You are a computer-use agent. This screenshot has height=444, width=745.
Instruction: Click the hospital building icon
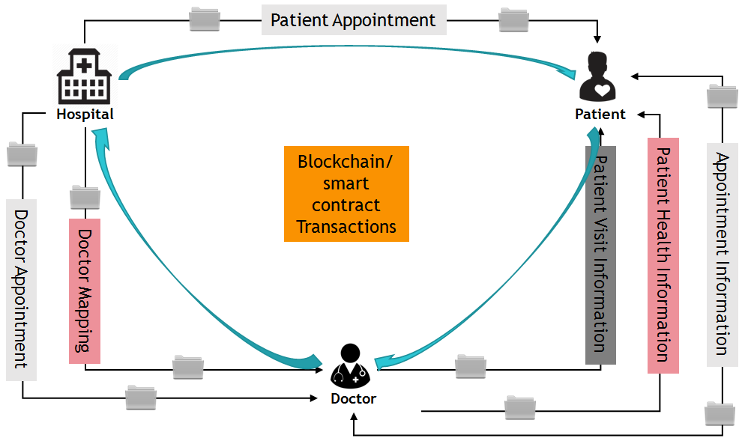84,77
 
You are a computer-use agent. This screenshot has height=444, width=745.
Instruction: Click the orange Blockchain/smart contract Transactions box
346,194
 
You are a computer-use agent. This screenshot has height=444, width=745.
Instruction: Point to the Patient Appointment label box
353,20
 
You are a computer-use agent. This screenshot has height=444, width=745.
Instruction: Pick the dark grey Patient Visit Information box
600,255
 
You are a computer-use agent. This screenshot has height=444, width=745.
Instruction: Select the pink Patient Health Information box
663,255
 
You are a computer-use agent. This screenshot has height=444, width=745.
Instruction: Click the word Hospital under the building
85,115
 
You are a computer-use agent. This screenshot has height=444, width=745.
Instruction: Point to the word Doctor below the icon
353,398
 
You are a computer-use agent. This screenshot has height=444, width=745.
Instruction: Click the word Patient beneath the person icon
600,115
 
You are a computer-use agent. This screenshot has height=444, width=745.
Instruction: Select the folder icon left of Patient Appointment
205,19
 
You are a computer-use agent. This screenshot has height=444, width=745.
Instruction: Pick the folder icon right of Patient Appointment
513,19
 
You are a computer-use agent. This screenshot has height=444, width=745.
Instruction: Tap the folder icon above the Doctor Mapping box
85,197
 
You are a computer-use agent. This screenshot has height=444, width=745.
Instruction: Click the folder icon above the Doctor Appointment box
22,153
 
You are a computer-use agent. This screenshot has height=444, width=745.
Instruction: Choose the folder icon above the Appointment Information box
722,95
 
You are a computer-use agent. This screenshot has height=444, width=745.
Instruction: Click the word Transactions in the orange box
346,226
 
